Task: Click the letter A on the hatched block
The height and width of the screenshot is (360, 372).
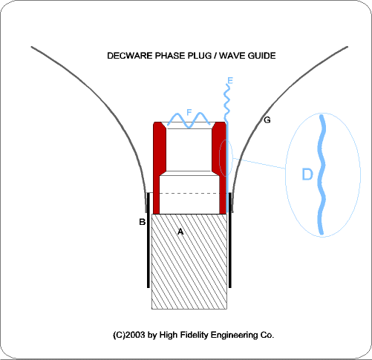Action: pyautogui.click(x=180, y=232)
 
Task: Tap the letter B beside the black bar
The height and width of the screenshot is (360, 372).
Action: pyautogui.click(x=143, y=222)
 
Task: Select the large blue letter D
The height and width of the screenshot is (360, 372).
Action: pyautogui.click(x=307, y=174)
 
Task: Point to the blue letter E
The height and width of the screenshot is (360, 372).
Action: pyautogui.click(x=230, y=81)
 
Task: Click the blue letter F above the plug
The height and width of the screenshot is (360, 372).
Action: pyautogui.click(x=189, y=112)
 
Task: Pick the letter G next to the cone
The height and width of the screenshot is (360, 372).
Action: pyautogui.click(x=267, y=120)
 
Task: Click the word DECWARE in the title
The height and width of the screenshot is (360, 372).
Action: pyautogui.click(x=130, y=56)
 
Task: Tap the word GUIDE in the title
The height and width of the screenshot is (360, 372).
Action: pyautogui.click(x=261, y=56)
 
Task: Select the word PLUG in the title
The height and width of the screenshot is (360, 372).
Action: pyautogui.click(x=200, y=56)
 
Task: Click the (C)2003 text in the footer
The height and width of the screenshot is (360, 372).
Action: pyautogui.click(x=129, y=335)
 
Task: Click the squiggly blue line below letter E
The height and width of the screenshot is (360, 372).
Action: pyautogui.click(x=226, y=102)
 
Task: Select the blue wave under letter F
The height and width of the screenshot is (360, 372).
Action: pyautogui.click(x=189, y=120)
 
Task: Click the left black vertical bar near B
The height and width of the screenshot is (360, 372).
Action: pyautogui.click(x=149, y=240)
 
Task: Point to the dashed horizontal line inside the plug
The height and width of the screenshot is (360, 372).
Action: pyautogui.click(x=189, y=193)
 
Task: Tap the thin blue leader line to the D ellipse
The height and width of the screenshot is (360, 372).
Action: pyautogui.click(x=259, y=163)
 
